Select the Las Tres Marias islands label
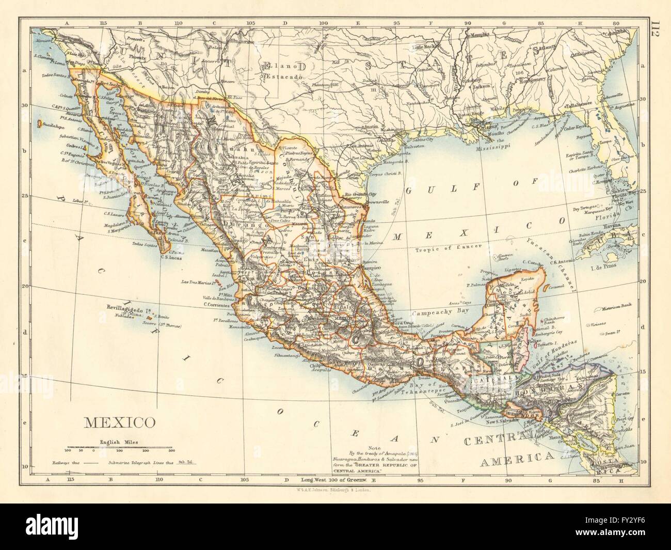coord(198,282)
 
